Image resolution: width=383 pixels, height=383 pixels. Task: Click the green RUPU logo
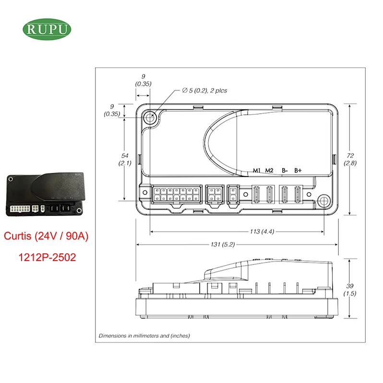[x=47, y=29]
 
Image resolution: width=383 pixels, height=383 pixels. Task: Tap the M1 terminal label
[x=257, y=170]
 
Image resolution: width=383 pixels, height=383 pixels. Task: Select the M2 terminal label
[x=269, y=170]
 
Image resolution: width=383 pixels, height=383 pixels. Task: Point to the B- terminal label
[x=285, y=170]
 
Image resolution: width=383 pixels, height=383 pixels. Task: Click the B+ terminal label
[x=298, y=170]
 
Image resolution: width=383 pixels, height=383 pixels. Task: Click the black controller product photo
[x=44, y=192]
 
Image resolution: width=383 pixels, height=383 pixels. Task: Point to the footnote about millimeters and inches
[x=144, y=335]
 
